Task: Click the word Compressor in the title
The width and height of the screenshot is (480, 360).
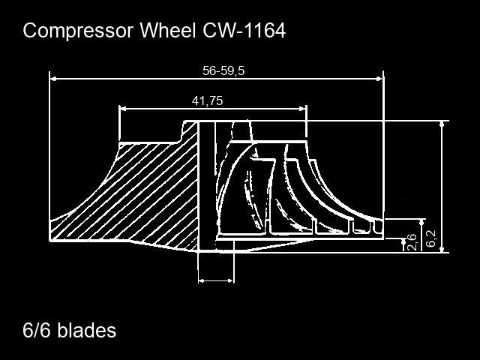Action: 78,31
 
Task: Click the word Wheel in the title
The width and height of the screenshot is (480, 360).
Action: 167,30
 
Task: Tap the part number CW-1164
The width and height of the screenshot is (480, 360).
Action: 244,30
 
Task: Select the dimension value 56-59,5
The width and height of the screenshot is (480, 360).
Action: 223,70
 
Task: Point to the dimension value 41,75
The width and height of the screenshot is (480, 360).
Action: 207,100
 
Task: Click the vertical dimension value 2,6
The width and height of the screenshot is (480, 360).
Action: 412,241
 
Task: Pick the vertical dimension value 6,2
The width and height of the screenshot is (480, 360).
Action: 431,238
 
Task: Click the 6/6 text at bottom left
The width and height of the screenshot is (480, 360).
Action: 37,330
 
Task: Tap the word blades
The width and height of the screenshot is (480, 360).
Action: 87,330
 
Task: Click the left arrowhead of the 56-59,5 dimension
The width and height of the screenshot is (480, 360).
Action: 53,79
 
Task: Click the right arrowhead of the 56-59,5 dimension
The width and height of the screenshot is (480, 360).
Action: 379,79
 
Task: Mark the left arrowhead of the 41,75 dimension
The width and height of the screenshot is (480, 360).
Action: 123,108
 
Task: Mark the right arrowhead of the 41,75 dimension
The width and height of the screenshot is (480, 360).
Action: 302,108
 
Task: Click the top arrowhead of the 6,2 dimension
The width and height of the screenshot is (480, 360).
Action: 442,124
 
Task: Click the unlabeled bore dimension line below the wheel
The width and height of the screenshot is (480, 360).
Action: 216,280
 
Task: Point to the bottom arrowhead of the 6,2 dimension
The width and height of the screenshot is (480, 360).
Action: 442,249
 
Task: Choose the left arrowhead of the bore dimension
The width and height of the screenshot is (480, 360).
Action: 202,280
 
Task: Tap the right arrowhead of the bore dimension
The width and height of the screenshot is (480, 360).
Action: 231,280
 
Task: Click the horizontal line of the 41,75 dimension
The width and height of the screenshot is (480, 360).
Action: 213,108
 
